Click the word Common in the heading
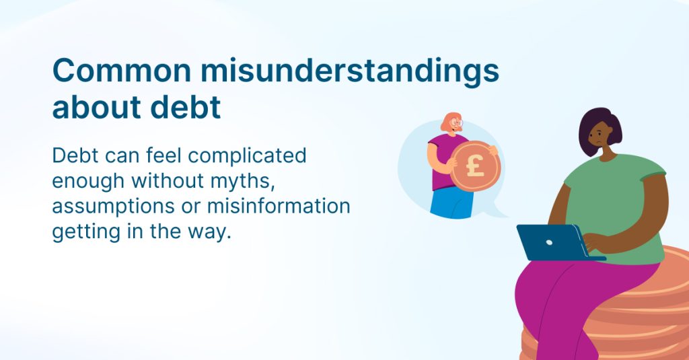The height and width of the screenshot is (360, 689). pos(122,70)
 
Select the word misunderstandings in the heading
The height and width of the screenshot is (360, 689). pos(350,71)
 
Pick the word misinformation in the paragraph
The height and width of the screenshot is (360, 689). pos(279,206)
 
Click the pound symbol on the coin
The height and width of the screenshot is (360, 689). pos(475,166)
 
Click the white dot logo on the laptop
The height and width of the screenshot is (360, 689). pos(549,242)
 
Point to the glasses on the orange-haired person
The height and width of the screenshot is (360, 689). pos(456,122)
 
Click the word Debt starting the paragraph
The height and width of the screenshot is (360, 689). pos(75,156)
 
